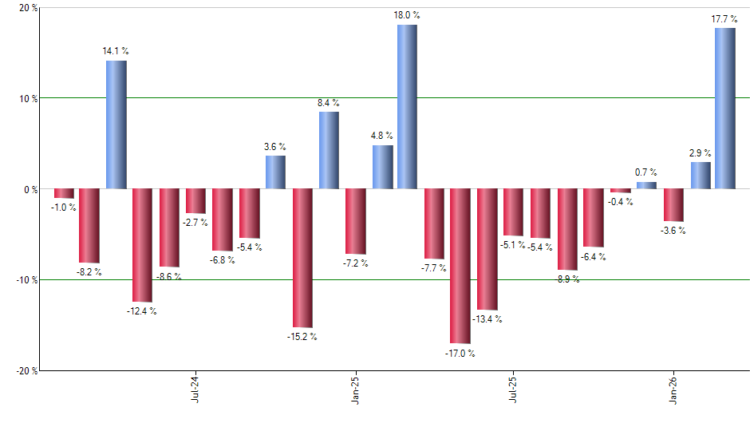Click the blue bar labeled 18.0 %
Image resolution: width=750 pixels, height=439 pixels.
pyautogui.click(x=407, y=107)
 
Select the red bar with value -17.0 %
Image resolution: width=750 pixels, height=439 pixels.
pyautogui.click(x=460, y=266)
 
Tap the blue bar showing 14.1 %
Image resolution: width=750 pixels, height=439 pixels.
pyautogui.click(x=116, y=125)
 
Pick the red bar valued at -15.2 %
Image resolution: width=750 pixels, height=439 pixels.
pyautogui.click(x=302, y=258)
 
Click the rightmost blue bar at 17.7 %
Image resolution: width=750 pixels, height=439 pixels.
pyautogui.click(x=724, y=109)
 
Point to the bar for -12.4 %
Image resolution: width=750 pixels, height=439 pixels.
pyautogui.click(x=142, y=245)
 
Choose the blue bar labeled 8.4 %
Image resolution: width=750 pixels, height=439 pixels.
pyautogui.click(x=329, y=150)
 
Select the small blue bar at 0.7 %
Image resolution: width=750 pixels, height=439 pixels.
pyautogui.click(x=646, y=185)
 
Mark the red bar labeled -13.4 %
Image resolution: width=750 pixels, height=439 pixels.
pyautogui.click(x=487, y=249)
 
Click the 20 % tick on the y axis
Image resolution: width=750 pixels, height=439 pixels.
pyautogui.click(x=29, y=8)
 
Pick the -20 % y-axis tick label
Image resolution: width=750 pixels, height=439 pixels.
pyautogui.click(x=27, y=371)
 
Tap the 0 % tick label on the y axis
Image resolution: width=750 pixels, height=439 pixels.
pyautogui.click(x=30, y=190)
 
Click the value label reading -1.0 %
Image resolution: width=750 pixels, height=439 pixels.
pyautogui.click(x=63, y=208)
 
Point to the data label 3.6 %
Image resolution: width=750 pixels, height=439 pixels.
pyautogui.click(x=275, y=147)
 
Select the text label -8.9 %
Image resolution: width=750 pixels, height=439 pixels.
pyautogui.click(x=567, y=279)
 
